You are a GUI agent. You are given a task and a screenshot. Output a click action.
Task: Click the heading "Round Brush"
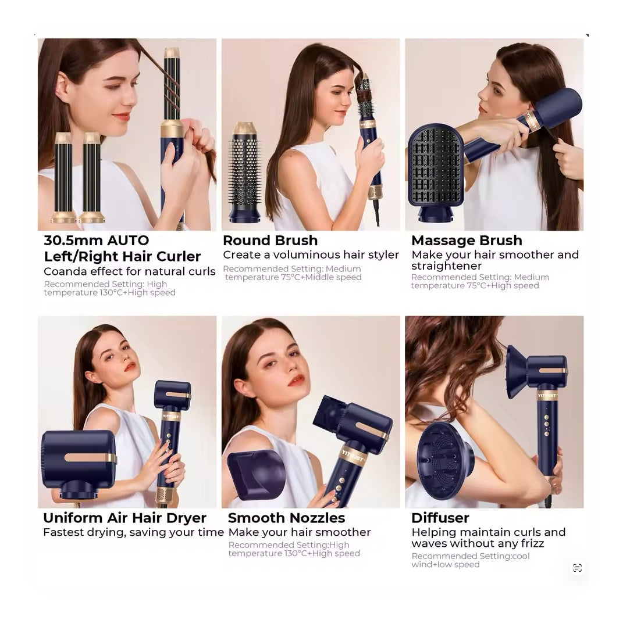click(x=270, y=241)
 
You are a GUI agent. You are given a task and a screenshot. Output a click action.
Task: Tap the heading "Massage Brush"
click(x=467, y=241)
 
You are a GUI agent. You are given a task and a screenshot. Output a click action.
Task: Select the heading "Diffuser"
click(x=440, y=518)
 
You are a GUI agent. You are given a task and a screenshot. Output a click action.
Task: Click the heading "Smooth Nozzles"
click(x=286, y=518)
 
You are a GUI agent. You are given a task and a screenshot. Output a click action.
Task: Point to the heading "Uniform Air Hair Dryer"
click(x=124, y=518)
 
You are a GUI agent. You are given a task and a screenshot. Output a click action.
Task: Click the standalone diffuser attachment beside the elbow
click(x=444, y=460)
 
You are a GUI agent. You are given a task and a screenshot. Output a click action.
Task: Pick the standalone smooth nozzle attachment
click(x=257, y=475)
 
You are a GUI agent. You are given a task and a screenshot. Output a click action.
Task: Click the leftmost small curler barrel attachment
click(x=63, y=178)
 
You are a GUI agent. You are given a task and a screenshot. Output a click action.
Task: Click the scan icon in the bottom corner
click(x=577, y=568)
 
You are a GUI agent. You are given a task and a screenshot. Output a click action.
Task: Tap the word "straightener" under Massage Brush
click(x=446, y=266)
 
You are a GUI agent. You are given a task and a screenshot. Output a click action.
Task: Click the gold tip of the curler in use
click(x=171, y=53)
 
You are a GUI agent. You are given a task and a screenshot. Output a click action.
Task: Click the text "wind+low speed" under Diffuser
click(x=446, y=564)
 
